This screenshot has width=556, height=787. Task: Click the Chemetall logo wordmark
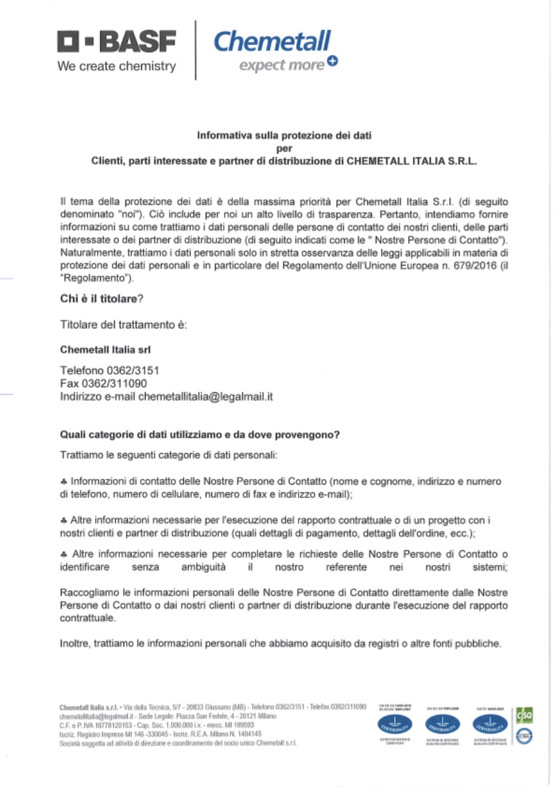tap(272, 42)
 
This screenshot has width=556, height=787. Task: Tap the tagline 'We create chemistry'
tap(117, 66)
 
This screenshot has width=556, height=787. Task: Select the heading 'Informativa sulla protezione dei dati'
tap(284, 135)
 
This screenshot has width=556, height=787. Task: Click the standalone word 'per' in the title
tap(284, 148)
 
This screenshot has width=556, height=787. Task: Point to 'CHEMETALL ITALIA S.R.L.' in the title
tap(412, 162)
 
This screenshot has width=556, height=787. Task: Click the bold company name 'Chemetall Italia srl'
tap(106, 349)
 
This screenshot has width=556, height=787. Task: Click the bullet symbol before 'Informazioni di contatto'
tap(63, 481)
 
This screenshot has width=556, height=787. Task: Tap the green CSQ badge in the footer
tap(527, 715)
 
